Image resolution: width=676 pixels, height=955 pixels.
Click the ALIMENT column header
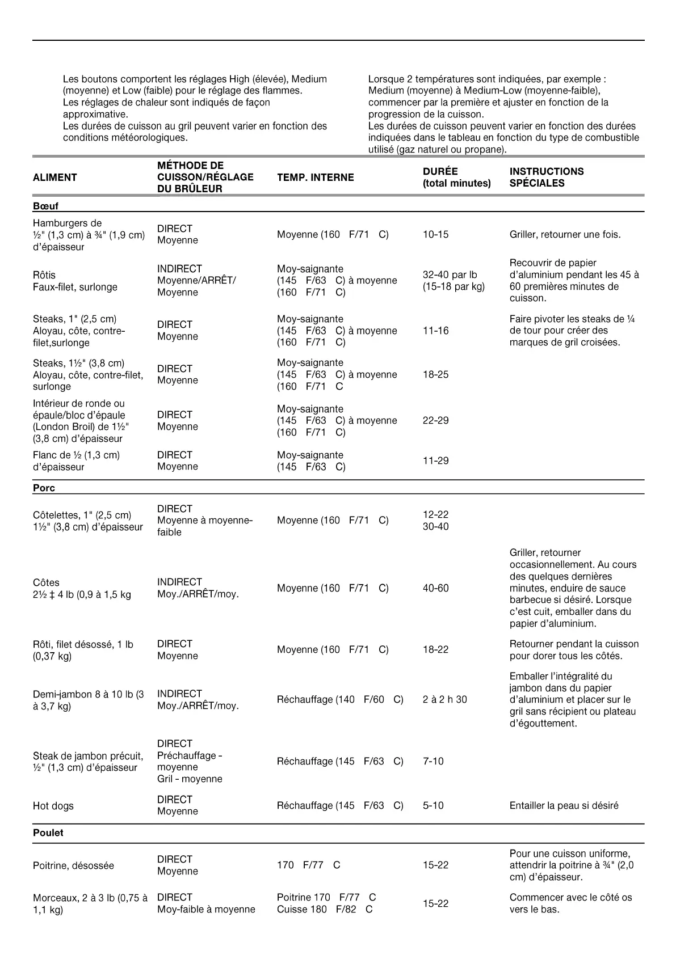(54, 178)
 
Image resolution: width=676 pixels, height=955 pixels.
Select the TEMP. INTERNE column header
(315, 178)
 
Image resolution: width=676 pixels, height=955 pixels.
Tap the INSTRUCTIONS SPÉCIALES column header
(546, 177)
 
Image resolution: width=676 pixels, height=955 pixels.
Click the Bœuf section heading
(45, 206)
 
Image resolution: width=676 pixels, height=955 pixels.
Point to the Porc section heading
(44, 488)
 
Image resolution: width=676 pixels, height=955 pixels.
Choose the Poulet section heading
(48, 833)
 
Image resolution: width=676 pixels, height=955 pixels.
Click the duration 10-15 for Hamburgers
(435, 235)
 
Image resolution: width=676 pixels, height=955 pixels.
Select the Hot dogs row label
(53, 806)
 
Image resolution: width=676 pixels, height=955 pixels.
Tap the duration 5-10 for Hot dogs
(433, 805)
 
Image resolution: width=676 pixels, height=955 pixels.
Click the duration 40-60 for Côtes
(435, 588)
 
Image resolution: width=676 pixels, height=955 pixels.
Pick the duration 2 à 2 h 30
(444, 699)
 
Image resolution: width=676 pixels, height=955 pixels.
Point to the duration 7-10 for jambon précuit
(433, 761)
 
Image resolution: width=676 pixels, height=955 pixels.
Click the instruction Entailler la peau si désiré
(564, 805)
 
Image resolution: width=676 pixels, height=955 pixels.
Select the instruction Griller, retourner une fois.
(565, 235)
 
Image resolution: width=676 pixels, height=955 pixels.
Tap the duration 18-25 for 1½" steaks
(435, 374)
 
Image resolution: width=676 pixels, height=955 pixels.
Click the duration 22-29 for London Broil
(435, 420)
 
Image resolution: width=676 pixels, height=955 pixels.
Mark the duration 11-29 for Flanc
(435, 460)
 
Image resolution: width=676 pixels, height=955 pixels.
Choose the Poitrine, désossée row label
(73, 865)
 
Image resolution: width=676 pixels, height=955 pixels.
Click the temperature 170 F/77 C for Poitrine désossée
(308, 865)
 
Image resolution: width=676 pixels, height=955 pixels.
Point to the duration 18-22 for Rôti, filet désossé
(435, 649)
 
